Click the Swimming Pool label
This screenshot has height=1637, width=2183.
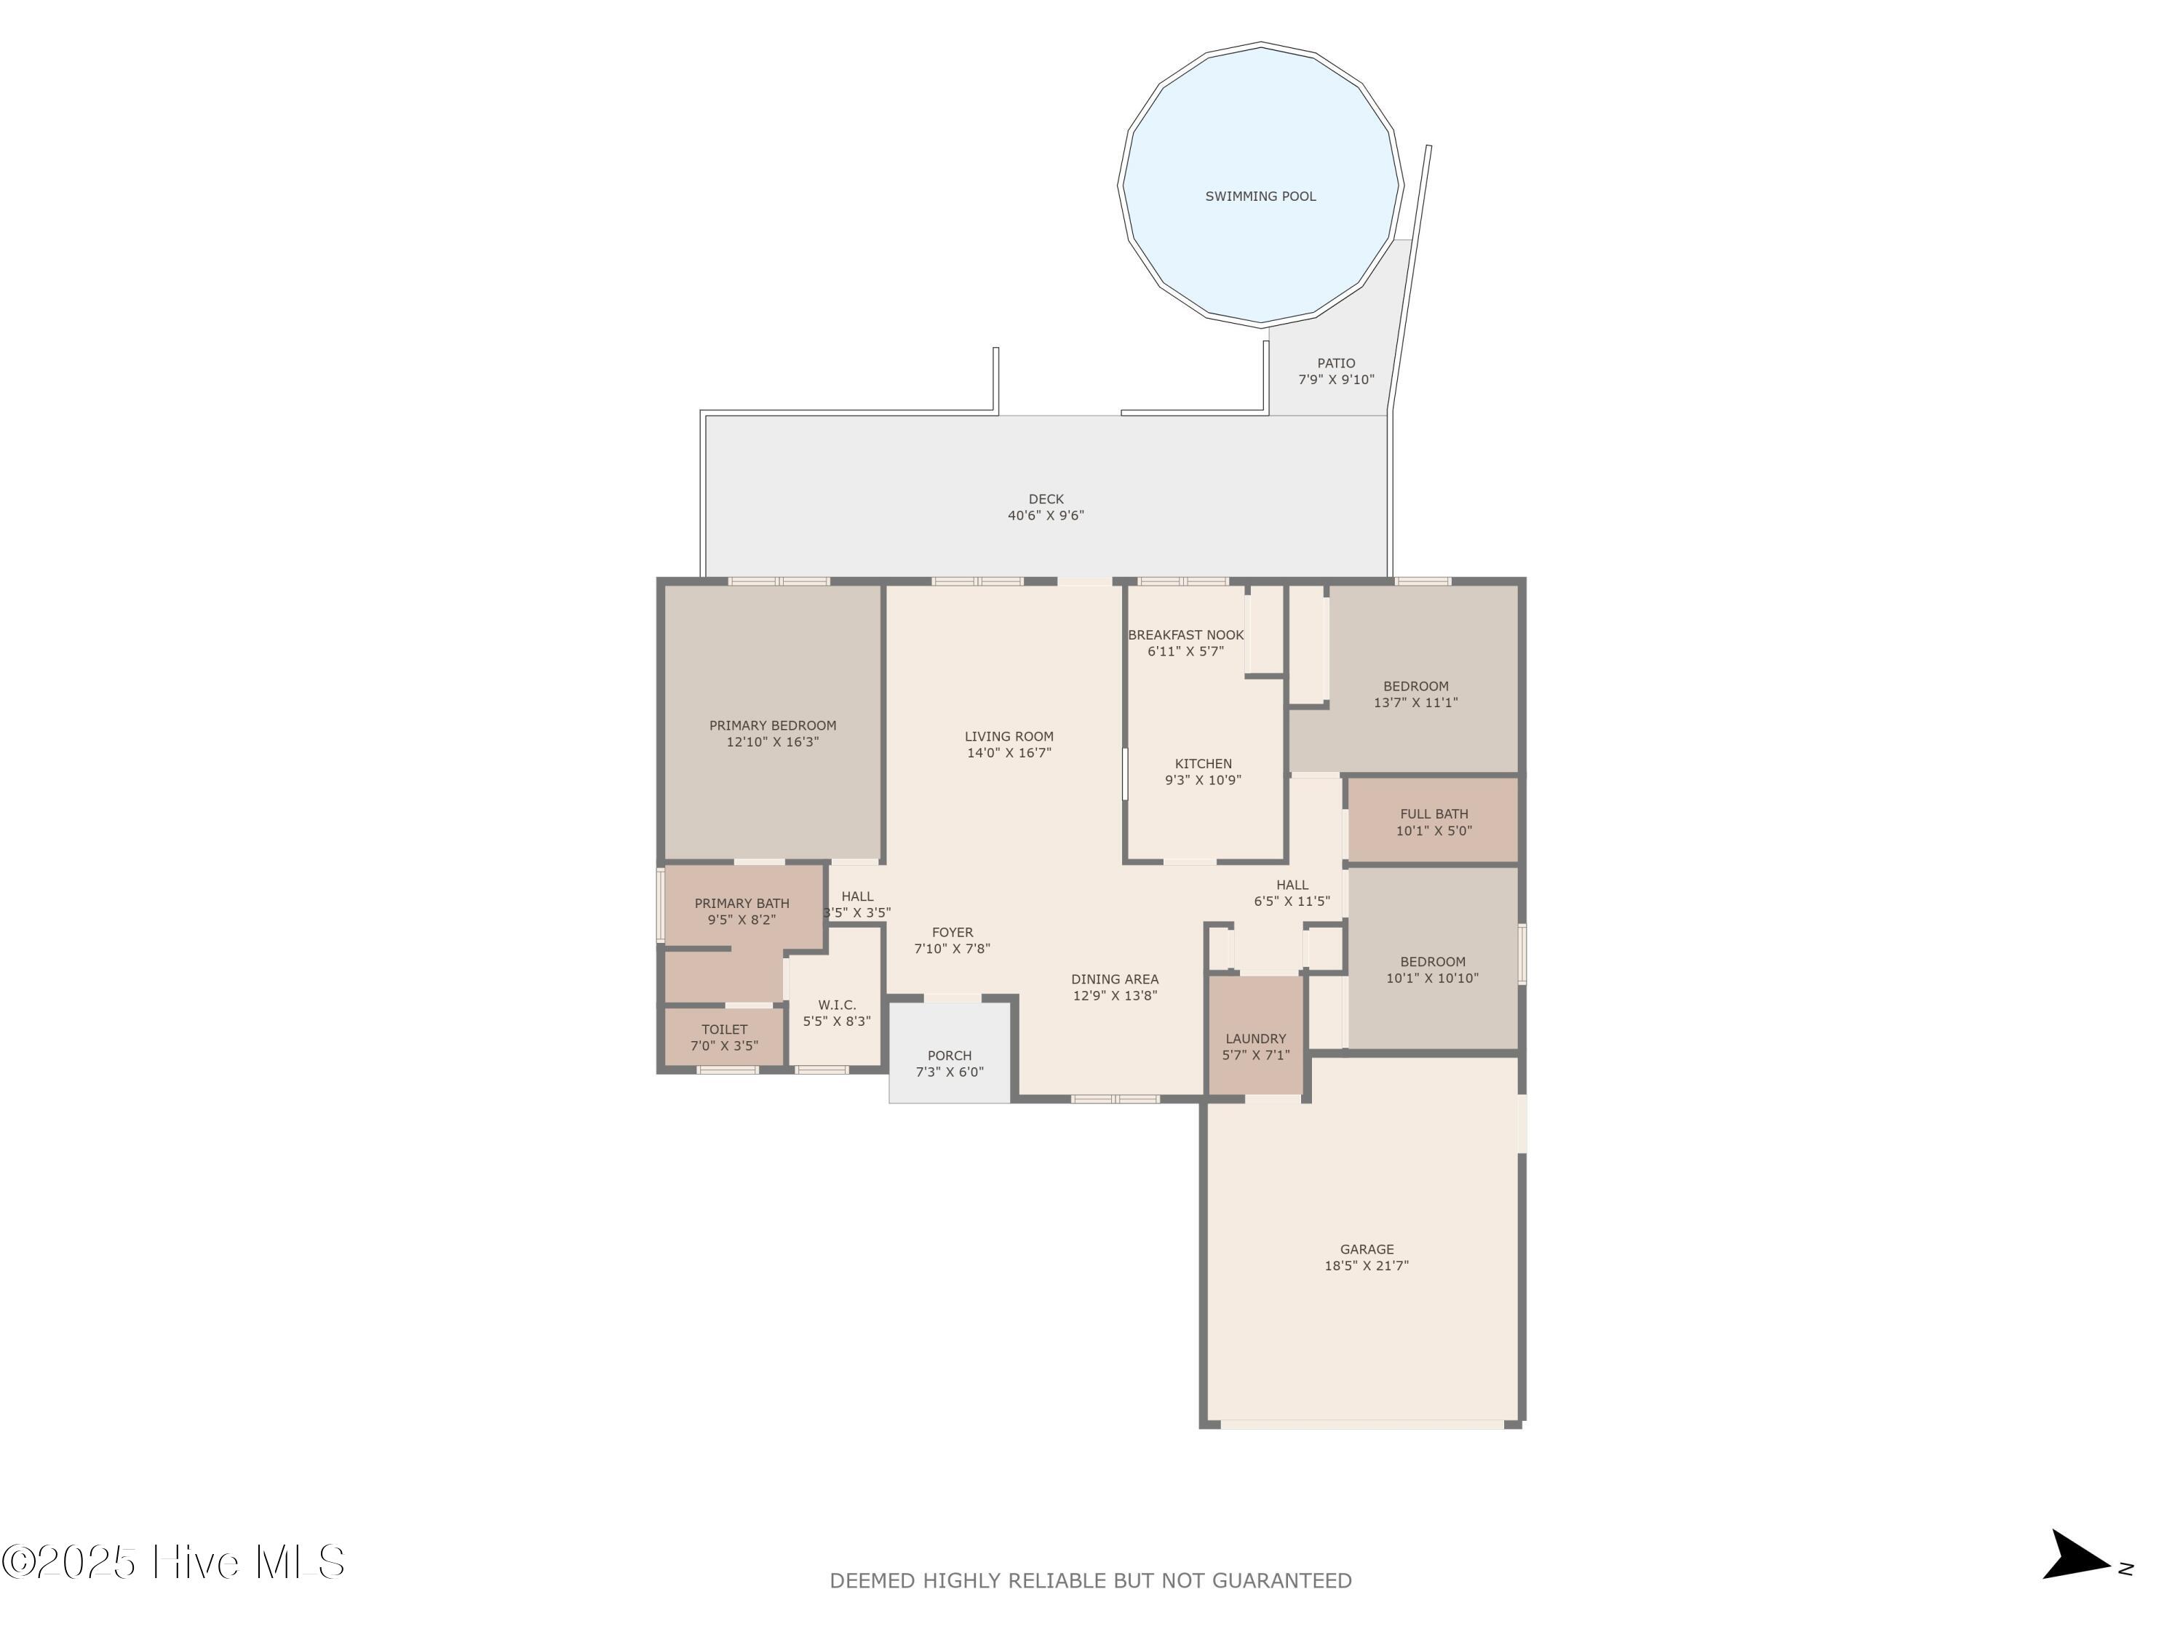pyautogui.click(x=1260, y=196)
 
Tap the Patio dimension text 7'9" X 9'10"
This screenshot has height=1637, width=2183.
pyautogui.click(x=1335, y=380)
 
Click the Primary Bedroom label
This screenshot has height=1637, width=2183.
pyautogui.click(x=772, y=725)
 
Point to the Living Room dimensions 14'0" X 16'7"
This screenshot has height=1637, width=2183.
pyautogui.click(x=1009, y=753)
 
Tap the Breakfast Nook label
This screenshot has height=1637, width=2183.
pyautogui.click(x=1185, y=635)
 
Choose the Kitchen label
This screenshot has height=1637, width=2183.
pyautogui.click(x=1203, y=764)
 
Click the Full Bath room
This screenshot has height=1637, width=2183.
pyautogui.click(x=1433, y=821)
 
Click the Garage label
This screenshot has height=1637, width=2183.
pyautogui.click(x=1366, y=1249)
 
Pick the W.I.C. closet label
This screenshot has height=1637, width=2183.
pyautogui.click(x=837, y=1005)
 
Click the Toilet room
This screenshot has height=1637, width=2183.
pyautogui.click(x=723, y=1037)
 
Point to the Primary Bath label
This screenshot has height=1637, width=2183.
pyautogui.click(x=741, y=903)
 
